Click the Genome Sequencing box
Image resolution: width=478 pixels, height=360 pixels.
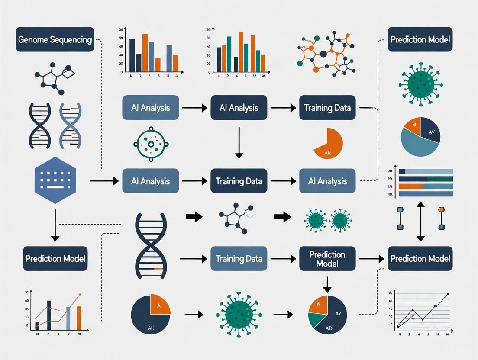tap(55, 39)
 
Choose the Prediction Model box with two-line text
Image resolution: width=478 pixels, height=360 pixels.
tap(327, 259)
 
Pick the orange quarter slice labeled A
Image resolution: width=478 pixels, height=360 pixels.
tap(159, 305)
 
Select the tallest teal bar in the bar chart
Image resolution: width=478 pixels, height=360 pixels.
tap(229, 53)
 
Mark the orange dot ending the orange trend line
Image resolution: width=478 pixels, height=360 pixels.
tap(80, 295)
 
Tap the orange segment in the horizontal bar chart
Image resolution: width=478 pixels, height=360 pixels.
tap(410, 186)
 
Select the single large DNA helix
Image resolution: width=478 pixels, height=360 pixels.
tap(149, 244)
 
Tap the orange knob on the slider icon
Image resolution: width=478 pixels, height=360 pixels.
tap(441, 210)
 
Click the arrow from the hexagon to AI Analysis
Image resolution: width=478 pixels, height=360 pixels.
tap(104, 181)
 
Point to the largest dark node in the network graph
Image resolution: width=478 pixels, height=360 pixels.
tap(323, 54)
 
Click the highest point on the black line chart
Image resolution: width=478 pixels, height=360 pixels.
tap(448, 294)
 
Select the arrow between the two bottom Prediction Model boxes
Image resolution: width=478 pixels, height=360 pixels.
tap(371, 259)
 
